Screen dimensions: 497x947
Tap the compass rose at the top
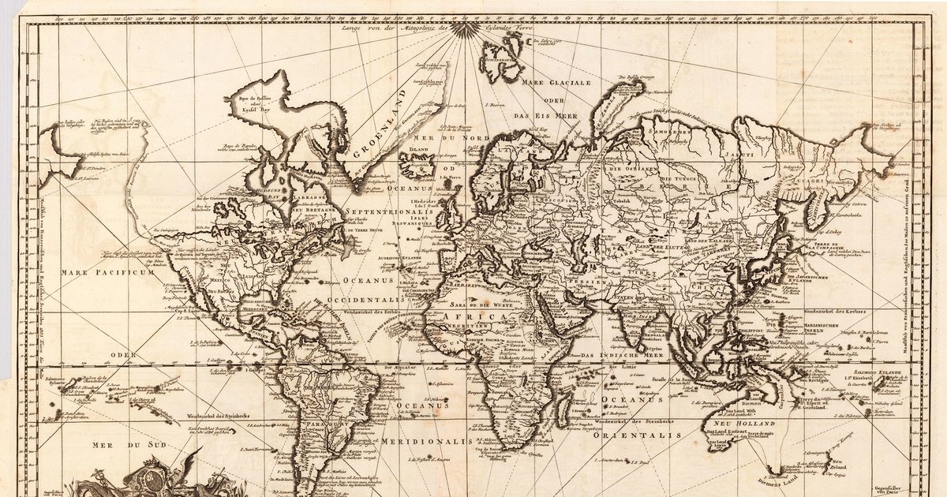point(465,29)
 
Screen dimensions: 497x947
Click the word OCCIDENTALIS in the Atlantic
point(376,302)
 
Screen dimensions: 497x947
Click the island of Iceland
point(417,164)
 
